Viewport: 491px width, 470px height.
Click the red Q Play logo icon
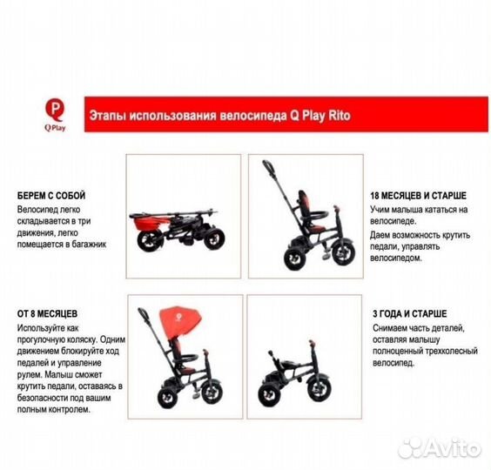[x=55, y=110]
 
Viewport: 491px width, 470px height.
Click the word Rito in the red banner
[x=340, y=116]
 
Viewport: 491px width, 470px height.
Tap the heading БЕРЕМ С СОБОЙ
[x=51, y=196]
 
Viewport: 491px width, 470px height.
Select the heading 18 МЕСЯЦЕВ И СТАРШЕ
[x=419, y=196]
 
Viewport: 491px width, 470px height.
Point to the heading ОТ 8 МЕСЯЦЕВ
[x=47, y=313]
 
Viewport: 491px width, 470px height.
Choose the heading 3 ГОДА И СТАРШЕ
[x=409, y=313]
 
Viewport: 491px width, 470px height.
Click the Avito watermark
[x=440, y=449]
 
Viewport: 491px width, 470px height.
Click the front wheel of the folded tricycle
[x=214, y=238]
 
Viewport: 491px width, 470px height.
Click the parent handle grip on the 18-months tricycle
[x=269, y=167]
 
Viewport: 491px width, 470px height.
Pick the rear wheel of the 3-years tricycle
[x=269, y=395]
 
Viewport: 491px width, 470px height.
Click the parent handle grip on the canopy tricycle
[x=144, y=315]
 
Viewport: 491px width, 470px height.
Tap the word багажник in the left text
[x=90, y=245]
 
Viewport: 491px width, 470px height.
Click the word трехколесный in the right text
[x=452, y=351]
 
